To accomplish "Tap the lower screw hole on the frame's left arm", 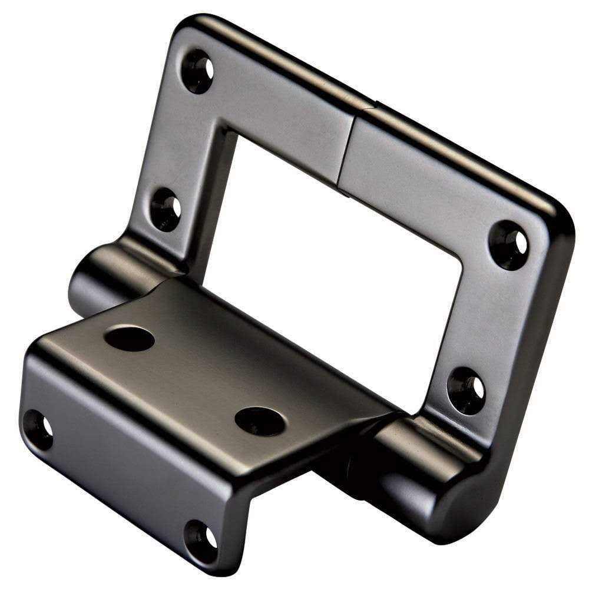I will click(166, 209).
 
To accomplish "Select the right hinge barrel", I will click(412, 471).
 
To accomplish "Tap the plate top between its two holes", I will click(194, 377).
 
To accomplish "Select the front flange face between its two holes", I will click(118, 477).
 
